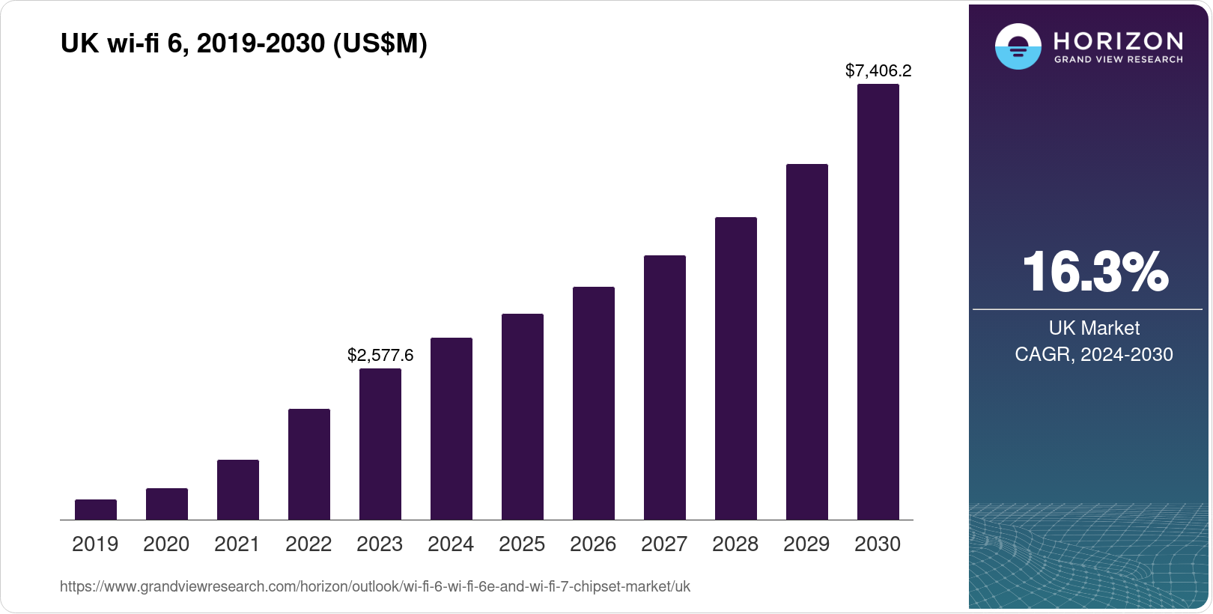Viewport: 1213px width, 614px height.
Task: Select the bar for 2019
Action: tap(96, 510)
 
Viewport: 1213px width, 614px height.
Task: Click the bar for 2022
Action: tap(309, 464)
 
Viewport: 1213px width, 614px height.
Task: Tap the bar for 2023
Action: tap(380, 444)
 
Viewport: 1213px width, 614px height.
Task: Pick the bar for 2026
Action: tap(594, 404)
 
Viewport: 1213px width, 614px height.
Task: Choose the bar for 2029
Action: tap(807, 342)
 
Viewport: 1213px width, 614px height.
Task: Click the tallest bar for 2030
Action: tap(878, 302)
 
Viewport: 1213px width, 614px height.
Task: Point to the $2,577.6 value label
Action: tap(380, 355)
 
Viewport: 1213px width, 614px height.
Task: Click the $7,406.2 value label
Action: tap(878, 70)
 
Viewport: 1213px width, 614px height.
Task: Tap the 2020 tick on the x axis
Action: tap(166, 544)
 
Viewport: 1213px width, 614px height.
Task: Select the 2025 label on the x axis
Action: tap(522, 544)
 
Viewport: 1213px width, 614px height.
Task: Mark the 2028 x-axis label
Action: tap(735, 544)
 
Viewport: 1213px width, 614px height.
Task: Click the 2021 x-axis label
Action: tap(237, 544)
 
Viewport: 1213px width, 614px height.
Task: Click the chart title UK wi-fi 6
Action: tap(243, 43)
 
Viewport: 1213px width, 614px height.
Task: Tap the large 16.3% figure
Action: tap(1095, 272)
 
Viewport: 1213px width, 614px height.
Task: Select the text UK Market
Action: tap(1094, 328)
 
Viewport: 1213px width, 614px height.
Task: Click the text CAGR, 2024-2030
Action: tap(1094, 354)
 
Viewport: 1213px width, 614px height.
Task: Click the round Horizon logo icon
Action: tap(1018, 46)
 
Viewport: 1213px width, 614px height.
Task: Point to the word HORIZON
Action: tap(1118, 40)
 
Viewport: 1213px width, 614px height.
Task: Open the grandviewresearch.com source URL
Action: tap(374, 586)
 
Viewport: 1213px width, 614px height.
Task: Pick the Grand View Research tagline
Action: tap(1118, 59)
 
